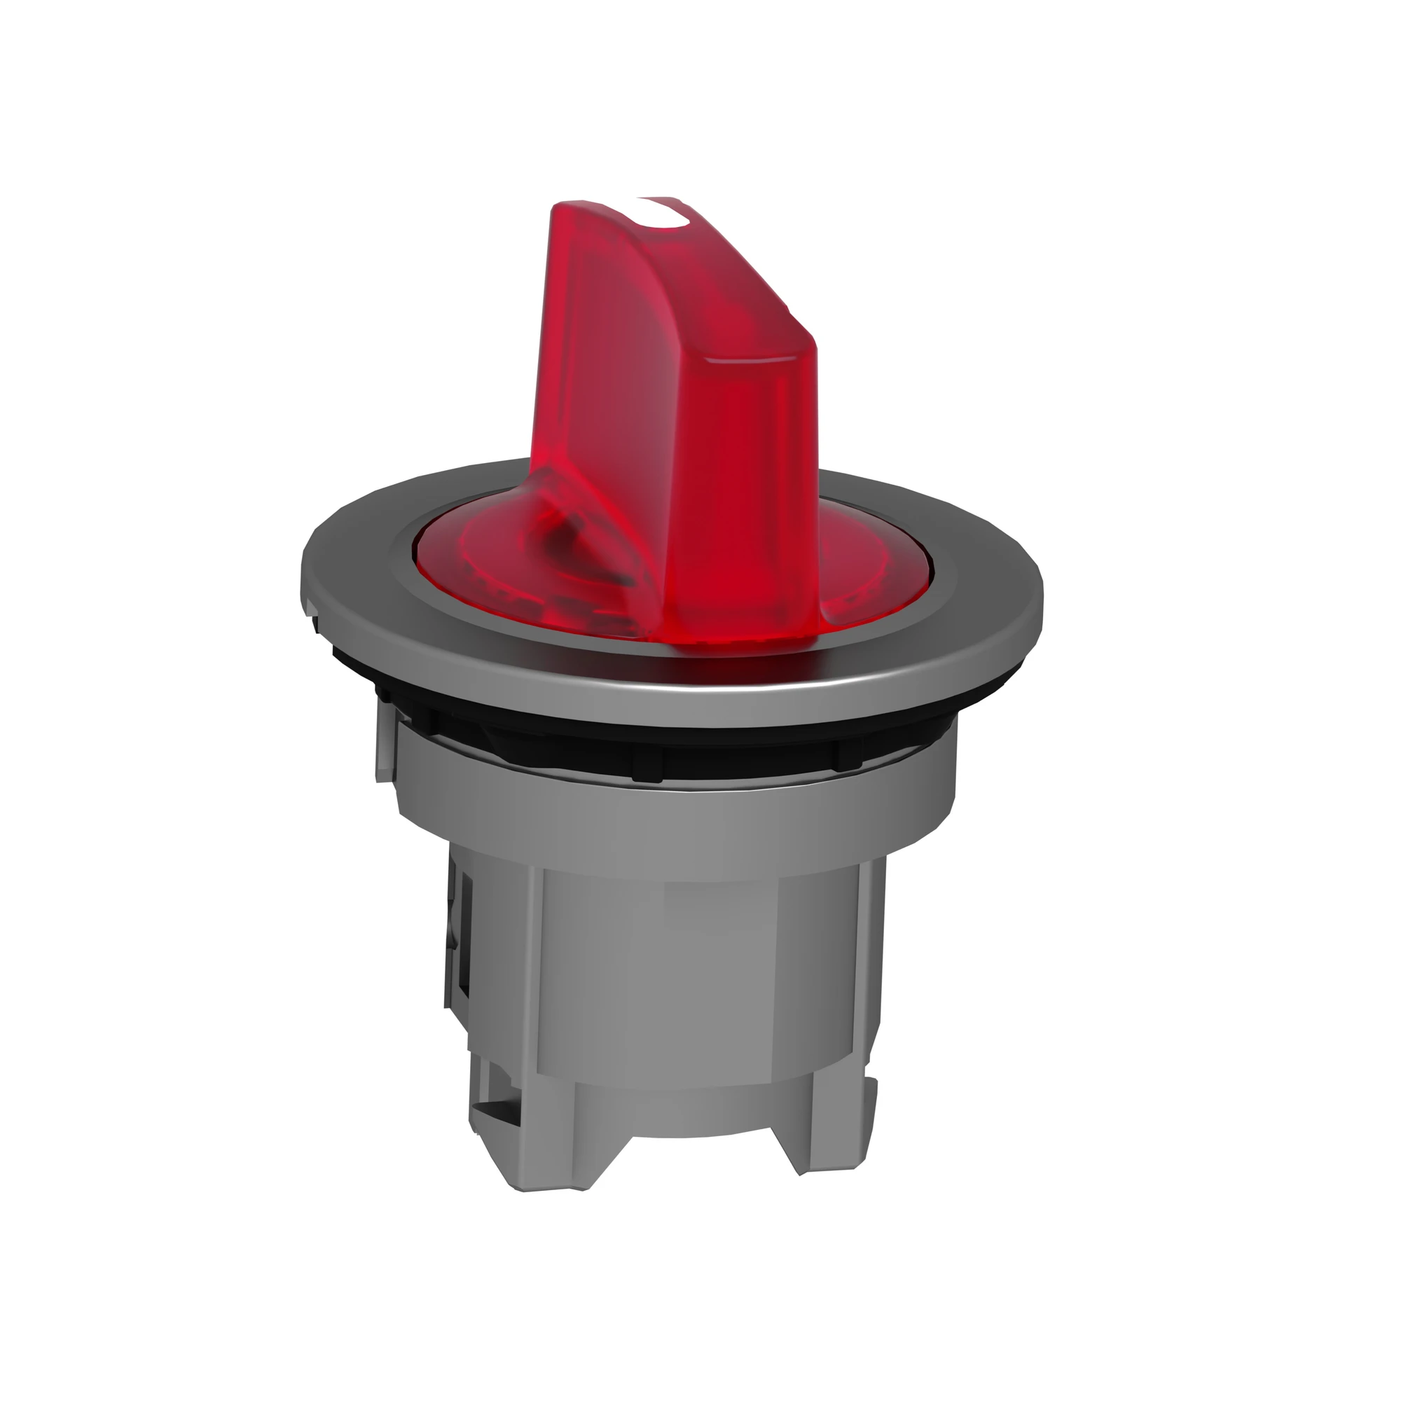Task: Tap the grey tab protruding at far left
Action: pyautogui.click(x=385, y=747)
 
